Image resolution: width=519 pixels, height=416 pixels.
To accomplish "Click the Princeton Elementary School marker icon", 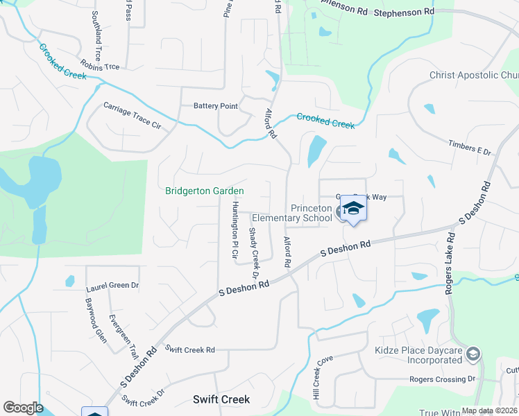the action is coord(353,209).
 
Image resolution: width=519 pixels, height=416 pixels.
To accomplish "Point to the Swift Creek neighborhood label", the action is coord(221,400).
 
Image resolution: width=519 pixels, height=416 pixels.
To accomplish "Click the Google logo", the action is coord(23,408).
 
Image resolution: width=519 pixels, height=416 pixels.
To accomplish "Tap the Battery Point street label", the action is coord(215,106).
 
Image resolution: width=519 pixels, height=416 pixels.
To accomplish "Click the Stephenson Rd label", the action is coord(403,12).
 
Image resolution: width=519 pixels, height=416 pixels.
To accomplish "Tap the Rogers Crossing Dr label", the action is coord(442,379).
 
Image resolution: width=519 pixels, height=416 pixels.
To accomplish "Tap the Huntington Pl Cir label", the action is coord(235,226).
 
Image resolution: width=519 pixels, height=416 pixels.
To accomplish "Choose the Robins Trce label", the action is coord(100,67).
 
